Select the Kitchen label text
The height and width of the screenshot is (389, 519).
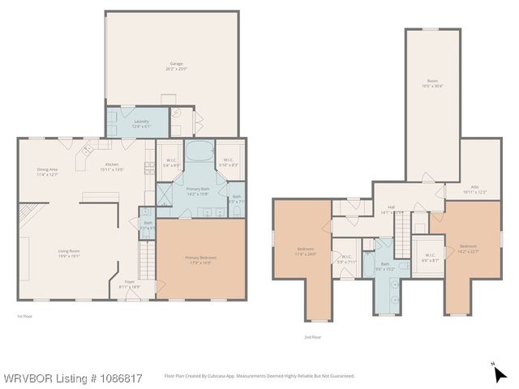coord(109,144)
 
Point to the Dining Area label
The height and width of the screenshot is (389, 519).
coord(47,171)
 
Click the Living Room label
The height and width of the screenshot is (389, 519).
coord(68,253)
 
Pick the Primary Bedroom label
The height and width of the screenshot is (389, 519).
coord(199,260)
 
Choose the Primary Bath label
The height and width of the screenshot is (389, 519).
coord(198,190)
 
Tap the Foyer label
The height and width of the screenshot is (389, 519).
coord(129,284)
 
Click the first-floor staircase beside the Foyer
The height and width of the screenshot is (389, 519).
coord(147,261)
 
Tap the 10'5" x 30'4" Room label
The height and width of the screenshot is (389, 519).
coord(433,84)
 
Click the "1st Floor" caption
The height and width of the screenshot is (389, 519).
coord(25,316)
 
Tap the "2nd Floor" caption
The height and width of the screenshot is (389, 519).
coord(311,336)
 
